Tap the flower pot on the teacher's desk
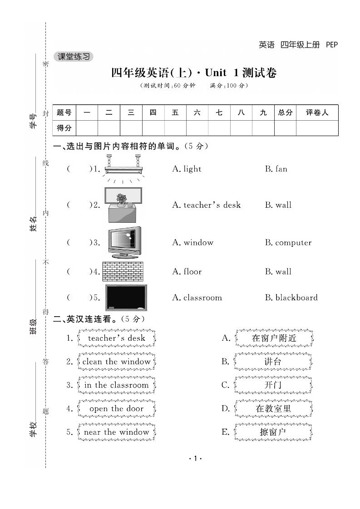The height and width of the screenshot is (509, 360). (121, 199)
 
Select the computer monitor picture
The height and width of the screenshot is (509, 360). (124, 242)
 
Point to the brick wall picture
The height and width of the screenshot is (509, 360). (123, 271)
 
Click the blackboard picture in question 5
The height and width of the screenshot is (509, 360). (126, 298)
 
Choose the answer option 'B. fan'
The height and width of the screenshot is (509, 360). (276, 169)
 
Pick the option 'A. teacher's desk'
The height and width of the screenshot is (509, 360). (206, 205)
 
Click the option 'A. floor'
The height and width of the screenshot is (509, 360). (187, 272)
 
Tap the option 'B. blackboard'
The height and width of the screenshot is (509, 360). (291, 298)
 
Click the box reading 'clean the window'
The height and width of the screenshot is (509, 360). (116, 362)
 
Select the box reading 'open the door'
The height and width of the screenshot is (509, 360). (116, 409)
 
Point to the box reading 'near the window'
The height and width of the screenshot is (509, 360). (116, 432)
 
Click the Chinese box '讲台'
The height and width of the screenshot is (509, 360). (273, 362)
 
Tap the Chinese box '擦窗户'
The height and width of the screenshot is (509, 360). (273, 432)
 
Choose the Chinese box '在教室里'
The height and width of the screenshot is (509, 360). (273, 409)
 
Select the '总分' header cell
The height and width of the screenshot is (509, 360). (285, 113)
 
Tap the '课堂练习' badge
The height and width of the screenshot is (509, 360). (73, 57)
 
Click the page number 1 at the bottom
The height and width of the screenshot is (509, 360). (194, 459)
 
